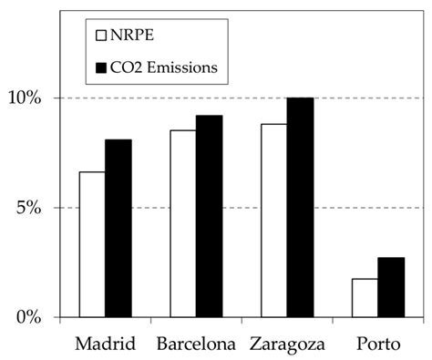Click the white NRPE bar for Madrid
[x=92, y=244]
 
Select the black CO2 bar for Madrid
[x=118, y=228]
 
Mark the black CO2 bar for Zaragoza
[x=300, y=207]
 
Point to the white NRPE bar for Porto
[x=365, y=298]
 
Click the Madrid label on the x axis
[x=105, y=345]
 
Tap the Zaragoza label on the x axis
[x=287, y=345]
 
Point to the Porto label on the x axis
[x=378, y=345]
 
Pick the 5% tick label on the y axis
[x=36, y=208]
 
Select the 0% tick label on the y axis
[x=36, y=317]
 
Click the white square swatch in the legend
[x=103, y=36]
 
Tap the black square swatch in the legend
[x=103, y=67]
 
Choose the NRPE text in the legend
[x=133, y=36]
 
